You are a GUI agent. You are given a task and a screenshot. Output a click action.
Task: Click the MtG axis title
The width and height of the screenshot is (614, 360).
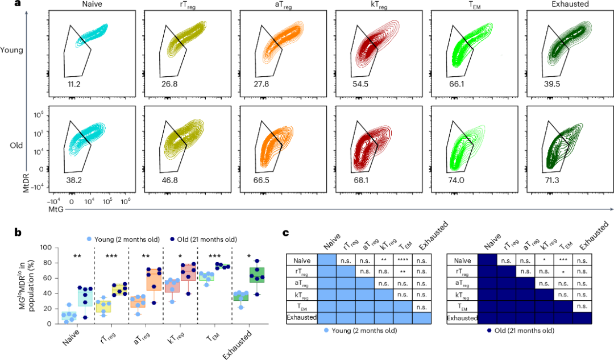coord(55,209)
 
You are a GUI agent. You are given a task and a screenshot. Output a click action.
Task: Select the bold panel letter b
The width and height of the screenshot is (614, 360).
coord(18,232)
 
